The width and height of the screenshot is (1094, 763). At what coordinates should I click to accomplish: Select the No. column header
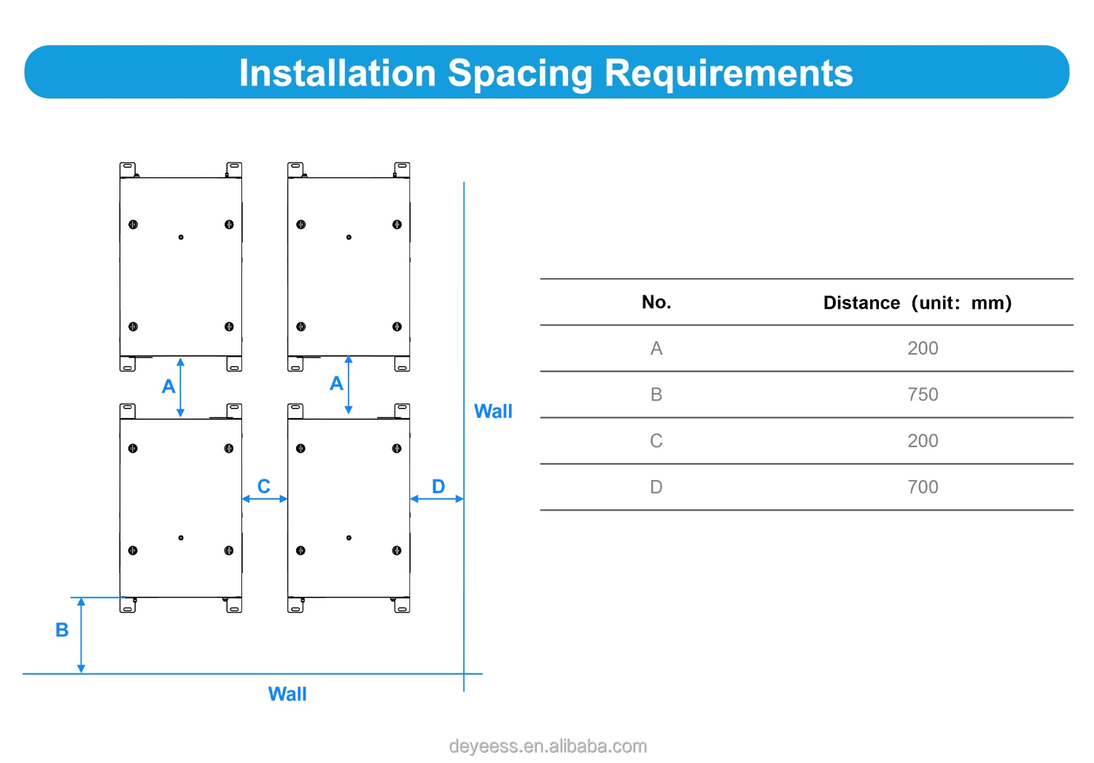(x=656, y=302)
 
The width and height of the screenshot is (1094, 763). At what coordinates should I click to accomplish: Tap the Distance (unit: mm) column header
(x=917, y=303)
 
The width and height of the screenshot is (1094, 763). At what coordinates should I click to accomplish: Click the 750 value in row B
(x=923, y=395)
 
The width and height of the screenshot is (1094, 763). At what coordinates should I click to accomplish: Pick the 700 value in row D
(x=923, y=487)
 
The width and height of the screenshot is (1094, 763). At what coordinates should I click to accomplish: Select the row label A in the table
(x=656, y=349)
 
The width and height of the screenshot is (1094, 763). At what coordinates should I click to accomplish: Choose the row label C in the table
(x=656, y=441)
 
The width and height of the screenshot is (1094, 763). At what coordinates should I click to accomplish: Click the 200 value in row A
(x=923, y=349)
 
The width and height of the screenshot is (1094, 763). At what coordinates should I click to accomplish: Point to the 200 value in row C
(x=923, y=441)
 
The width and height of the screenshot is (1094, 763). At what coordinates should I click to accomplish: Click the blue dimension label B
(x=62, y=630)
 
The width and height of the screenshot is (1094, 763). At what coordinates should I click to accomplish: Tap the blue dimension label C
(x=264, y=486)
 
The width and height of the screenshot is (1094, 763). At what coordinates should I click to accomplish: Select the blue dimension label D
(x=438, y=486)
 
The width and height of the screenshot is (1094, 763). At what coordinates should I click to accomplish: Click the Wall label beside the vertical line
(x=493, y=411)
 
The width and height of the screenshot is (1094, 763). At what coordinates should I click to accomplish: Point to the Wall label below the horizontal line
(x=287, y=694)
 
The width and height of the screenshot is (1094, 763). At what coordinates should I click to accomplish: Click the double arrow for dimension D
(x=437, y=499)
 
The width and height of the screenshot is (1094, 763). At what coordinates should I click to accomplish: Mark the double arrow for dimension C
(x=265, y=499)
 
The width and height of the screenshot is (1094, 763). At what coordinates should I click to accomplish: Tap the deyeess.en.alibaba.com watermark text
(x=548, y=746)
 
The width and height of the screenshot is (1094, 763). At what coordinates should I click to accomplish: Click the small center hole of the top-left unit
(x=181, y=237)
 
